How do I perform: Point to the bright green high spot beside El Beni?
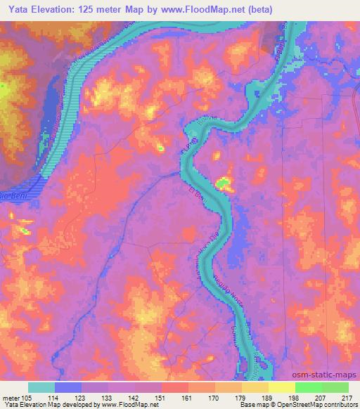point(224,184)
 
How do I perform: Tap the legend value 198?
point(282,397)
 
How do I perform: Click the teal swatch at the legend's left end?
point(41,387)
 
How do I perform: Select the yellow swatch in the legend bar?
point(281,387)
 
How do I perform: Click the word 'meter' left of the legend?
point(11,397)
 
